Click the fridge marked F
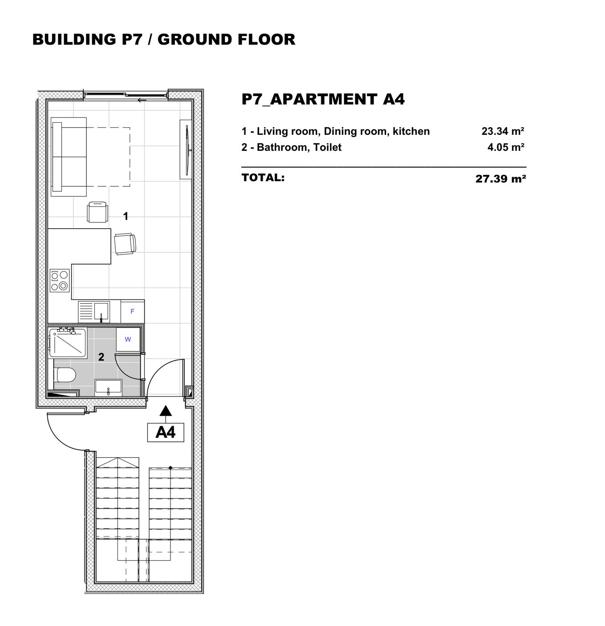point(132,311)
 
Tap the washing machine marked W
point(128,339)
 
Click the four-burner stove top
point(60,280)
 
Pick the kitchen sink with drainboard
point(93,311)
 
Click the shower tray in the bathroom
point(68,343)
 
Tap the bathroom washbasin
point(108,388)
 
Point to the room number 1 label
point(126,216)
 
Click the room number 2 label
point(101,357)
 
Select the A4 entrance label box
point(166,432)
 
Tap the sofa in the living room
point(69,157)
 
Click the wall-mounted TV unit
point(186,149)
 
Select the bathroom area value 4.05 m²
point(506,147)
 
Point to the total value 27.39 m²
point(501,178)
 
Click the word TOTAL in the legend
point(263,178)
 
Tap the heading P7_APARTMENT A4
point(323,99)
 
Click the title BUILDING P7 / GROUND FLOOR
point(164,40)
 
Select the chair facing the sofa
point(97,211)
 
